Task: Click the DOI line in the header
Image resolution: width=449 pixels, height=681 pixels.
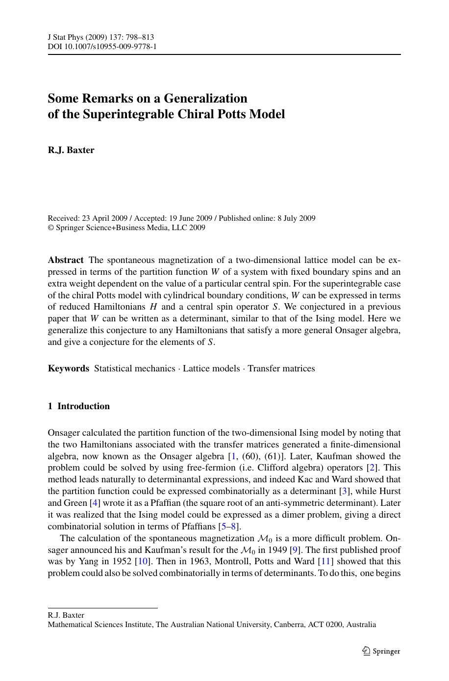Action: pos(102,47)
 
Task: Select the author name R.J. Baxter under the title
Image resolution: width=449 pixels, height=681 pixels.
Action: pos(71,150)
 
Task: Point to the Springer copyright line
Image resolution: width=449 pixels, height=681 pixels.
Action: pos(126,228)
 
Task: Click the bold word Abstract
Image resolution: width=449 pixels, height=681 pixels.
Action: pos(66,260)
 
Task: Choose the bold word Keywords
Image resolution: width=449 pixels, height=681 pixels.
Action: pos(69,368)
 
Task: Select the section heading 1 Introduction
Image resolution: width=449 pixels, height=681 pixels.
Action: pos(79,406)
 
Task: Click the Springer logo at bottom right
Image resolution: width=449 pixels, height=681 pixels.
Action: pos(381,651)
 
